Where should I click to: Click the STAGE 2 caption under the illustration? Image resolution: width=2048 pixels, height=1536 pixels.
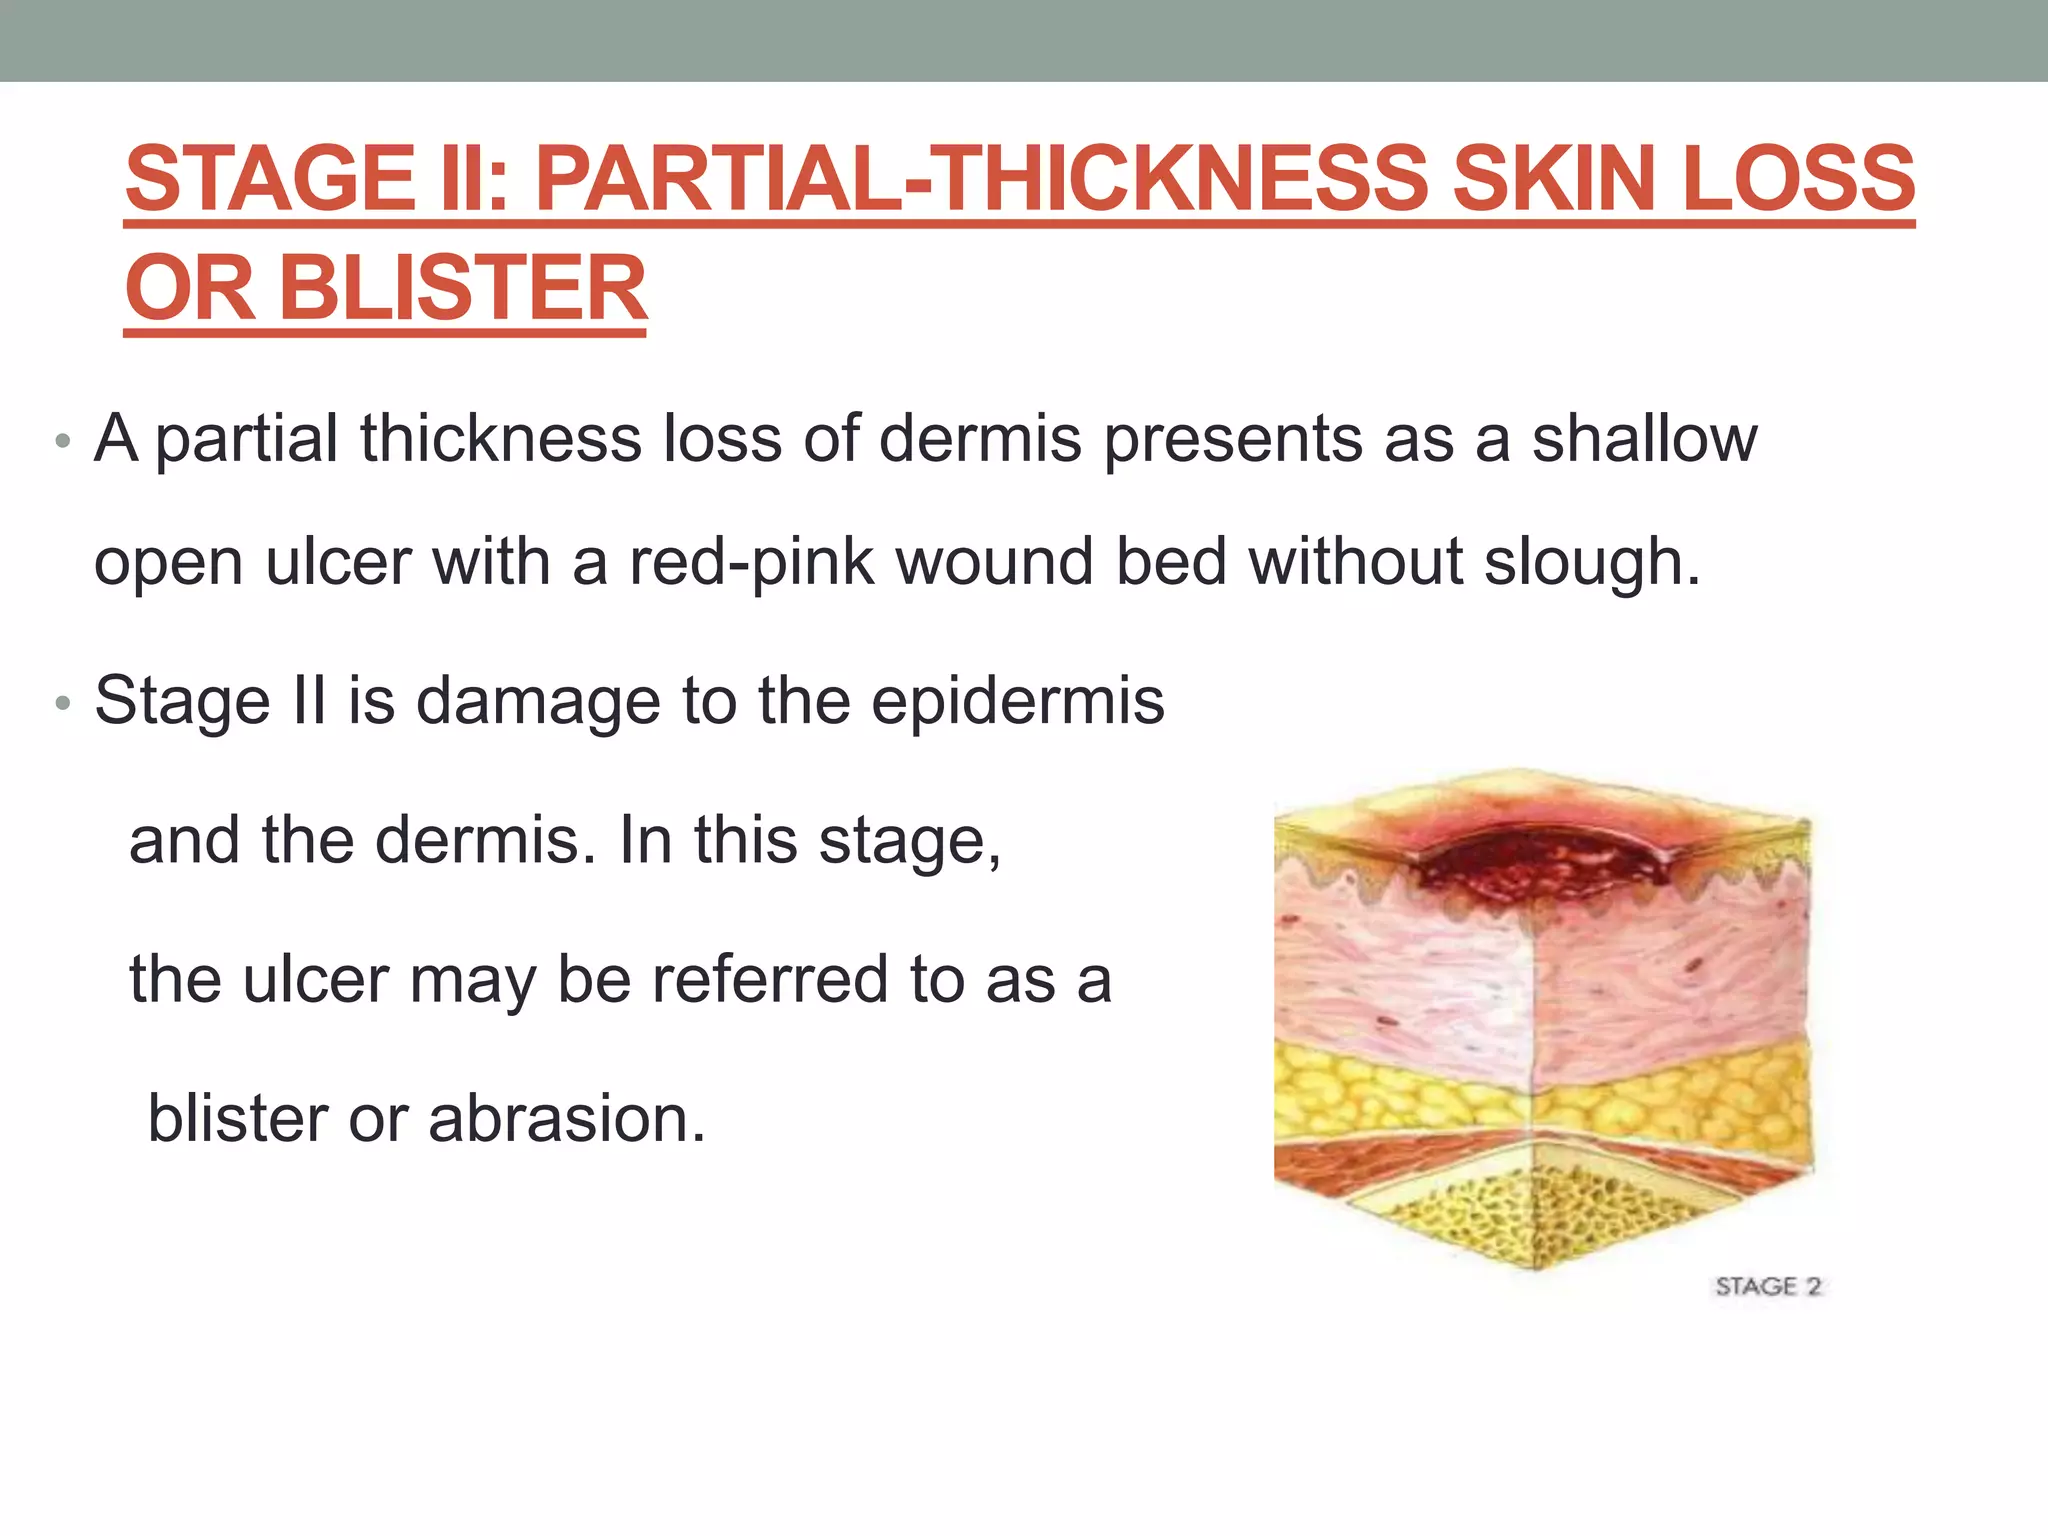coord(1768,1286)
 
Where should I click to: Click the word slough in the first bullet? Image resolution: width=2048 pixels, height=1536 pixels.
coord(1590,562)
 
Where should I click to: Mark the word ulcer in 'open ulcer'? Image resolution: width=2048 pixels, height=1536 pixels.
coord(337,562)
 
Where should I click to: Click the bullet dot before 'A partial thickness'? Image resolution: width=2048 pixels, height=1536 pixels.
coord(63,441)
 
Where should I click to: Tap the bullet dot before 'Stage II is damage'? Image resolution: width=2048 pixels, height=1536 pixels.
coord(63,703)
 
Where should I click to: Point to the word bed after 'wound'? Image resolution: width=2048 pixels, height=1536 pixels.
coord(1171,562)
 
